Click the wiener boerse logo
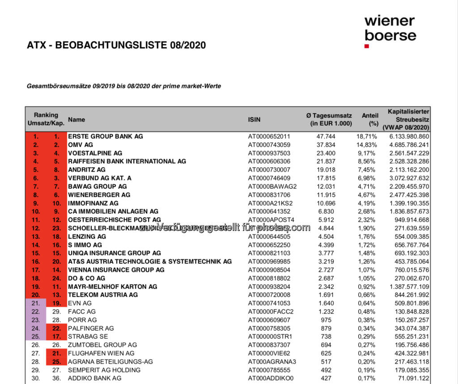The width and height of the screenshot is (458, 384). (390, 28)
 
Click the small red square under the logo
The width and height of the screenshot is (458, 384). (367, 46)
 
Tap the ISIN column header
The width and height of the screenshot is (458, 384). (254, 119)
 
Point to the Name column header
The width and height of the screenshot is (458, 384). (76, 119)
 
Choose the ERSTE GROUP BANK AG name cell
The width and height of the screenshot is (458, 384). (106, 136)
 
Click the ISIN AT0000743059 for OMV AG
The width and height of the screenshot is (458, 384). (269, 145)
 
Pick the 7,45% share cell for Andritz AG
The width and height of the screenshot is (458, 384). (369, 170)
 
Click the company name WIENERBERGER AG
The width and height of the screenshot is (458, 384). (99, 195)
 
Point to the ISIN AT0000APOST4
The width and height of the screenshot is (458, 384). (271, 220)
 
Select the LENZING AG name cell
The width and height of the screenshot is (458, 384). (87, 236)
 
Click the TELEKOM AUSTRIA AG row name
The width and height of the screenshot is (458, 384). (103, 294)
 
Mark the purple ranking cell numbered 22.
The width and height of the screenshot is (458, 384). (36, 311)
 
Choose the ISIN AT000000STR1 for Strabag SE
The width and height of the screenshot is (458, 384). (270, 337)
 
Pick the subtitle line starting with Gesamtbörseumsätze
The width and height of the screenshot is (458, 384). (124, 86)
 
